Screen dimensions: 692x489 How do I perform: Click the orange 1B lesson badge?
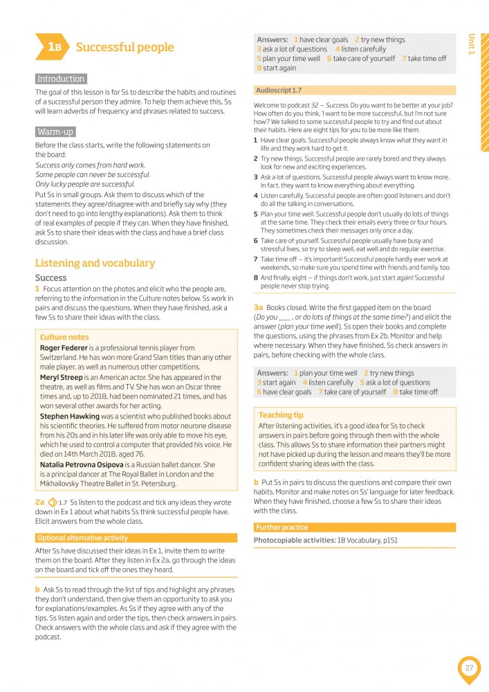pos(53,47)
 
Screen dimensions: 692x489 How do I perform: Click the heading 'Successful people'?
pos(124,47)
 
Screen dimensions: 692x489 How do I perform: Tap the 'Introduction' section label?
pos(61,79)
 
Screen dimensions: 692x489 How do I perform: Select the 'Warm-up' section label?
pos(55,131)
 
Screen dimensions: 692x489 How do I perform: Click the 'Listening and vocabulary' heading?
pos(95,263)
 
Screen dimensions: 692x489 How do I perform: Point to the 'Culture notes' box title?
pos(64,337)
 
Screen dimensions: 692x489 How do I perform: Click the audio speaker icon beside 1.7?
pos(52,502)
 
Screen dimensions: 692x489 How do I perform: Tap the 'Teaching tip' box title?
pos(281,415)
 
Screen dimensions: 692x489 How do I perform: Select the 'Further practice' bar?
pos(282,527)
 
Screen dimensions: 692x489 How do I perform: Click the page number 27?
pos(469,668)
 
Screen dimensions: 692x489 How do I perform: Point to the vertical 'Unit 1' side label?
pos(472,44)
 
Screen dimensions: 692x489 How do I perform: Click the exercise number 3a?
pos(259,307)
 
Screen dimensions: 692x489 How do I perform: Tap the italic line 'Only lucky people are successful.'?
pos(85,184)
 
